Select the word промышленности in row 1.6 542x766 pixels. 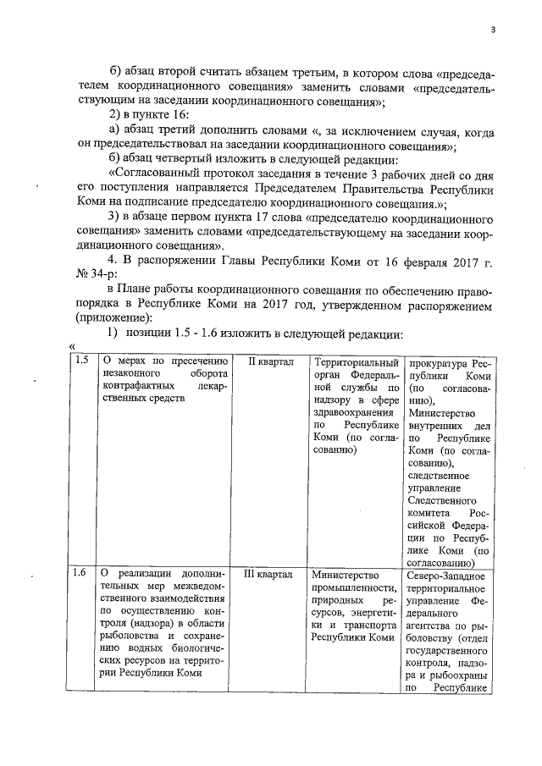point(355,587)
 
